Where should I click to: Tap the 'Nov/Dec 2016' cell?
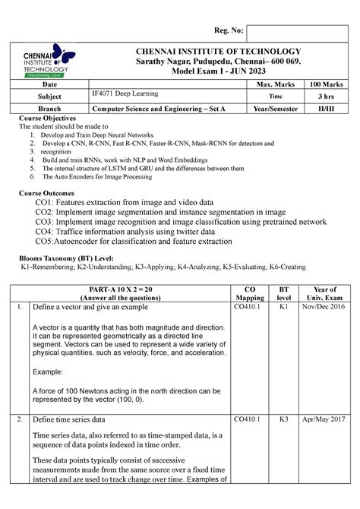[x=321, y=307]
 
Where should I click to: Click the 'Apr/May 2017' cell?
[x=321, y=419]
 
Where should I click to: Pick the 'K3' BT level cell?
[x=283, y=419]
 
